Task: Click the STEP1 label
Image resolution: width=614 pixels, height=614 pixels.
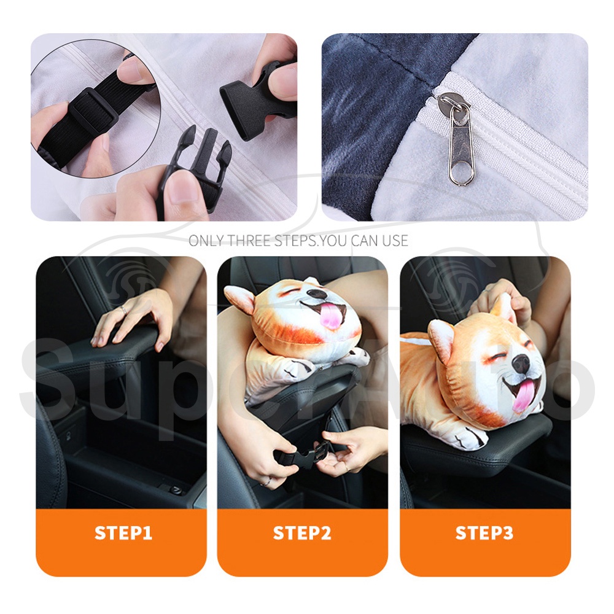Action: (x=123, y=533)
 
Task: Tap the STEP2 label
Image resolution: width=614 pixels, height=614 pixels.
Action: (x=302, y=533)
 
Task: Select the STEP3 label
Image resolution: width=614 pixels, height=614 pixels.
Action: (x=484, y=533)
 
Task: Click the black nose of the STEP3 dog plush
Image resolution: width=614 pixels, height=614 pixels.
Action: (x=521, y=363)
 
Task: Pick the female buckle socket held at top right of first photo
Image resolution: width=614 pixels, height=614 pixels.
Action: (x=249, y=98)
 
